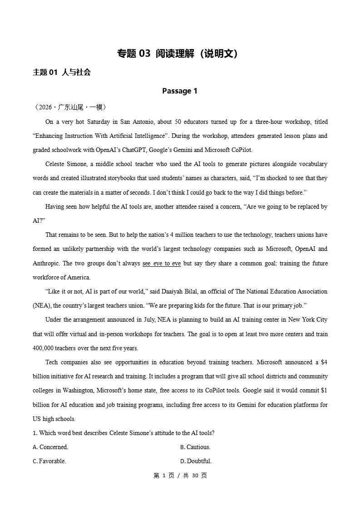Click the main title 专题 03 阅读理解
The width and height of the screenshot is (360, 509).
pos(177,54)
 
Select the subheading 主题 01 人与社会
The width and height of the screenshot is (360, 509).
pos(62,72)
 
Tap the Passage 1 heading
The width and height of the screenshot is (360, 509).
pos(180,91)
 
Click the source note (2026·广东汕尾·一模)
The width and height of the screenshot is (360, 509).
pos(70,107)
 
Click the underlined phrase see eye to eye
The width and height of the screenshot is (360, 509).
pos(162,263)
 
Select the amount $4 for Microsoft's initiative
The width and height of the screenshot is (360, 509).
pos(324,362)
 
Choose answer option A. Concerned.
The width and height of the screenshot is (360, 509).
pos(50,447)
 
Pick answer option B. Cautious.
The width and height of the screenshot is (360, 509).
pos(195,447)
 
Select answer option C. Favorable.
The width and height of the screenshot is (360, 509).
pos(49,461)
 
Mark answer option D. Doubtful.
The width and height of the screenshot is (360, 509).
pos(196,461)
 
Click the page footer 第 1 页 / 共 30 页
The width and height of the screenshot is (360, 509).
pos(180,475)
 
